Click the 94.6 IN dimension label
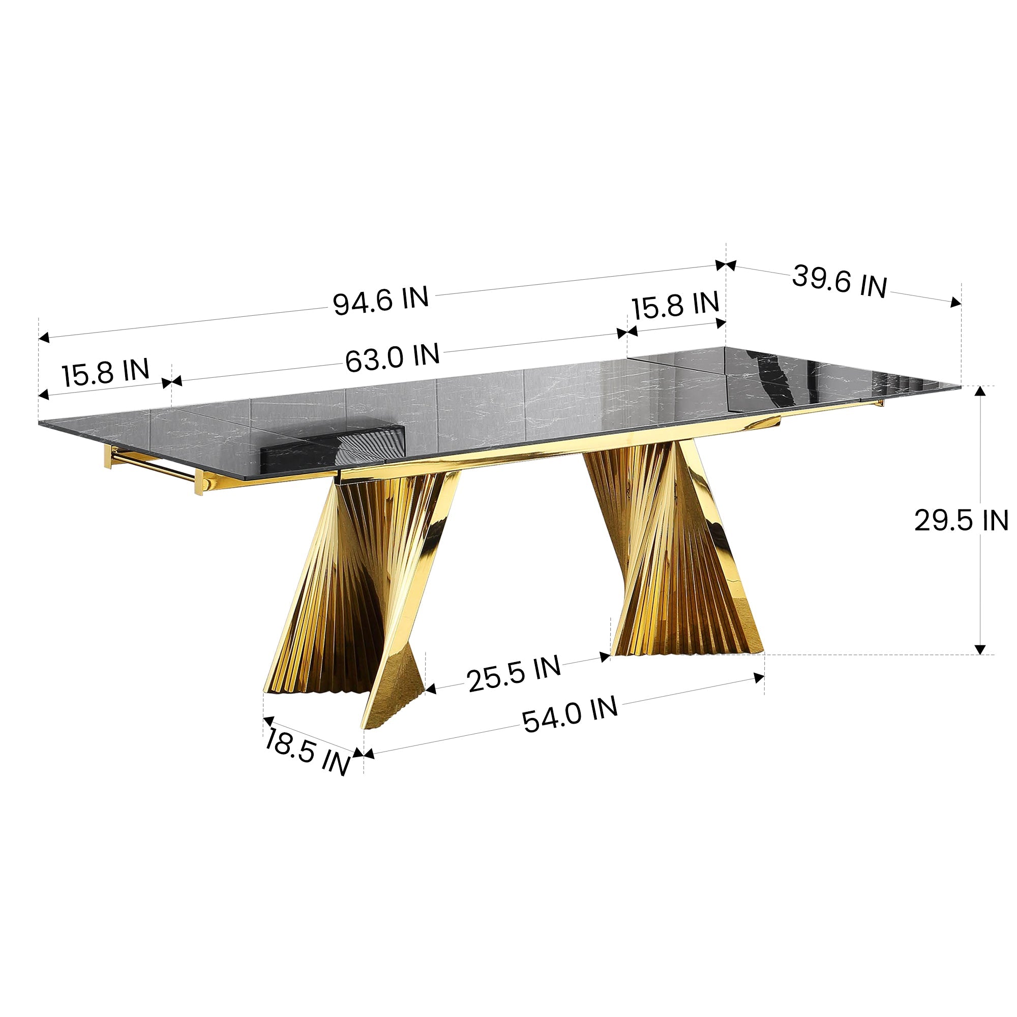pos(380,301)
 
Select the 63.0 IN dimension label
pos(392,357)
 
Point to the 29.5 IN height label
pos(961,521)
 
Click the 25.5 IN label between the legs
pos(514,675)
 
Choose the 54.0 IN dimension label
pos(570,714)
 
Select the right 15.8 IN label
pos(675,305)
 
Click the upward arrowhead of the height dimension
pos(980,391)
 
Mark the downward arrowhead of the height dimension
pos(980,649)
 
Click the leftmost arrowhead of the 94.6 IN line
pos(44,338)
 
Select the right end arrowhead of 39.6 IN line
pos(955,302)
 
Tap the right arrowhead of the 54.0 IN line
pos(759,678)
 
